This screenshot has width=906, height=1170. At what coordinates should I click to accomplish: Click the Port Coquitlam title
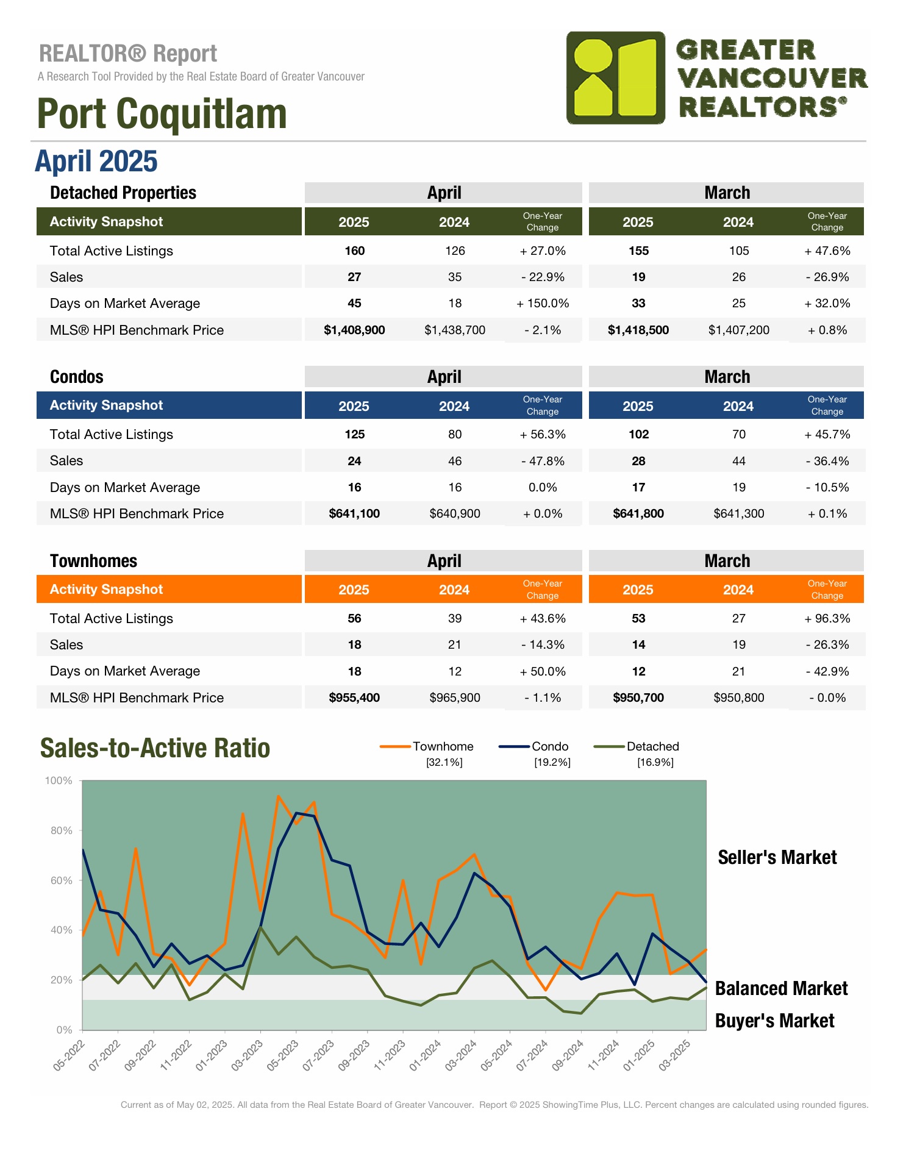coord(162,114)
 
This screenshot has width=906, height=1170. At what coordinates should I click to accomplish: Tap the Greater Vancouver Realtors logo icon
coord(615,78)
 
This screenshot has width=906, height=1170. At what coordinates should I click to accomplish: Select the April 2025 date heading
coord(96,162)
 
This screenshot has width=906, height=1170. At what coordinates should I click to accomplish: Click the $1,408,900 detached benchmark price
coord(354,330)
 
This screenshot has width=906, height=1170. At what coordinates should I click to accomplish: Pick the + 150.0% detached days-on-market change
coord(543,304)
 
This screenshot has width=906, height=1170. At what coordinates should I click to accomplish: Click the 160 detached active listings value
coord(354,251)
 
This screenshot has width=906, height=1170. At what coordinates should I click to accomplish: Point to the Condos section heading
coord(77,377)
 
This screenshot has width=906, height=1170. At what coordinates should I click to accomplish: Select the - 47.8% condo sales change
coord(543,461)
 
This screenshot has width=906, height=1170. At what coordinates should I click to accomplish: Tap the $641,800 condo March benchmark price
coord(638,514)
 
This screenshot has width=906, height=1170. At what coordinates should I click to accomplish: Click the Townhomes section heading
coord(93,561)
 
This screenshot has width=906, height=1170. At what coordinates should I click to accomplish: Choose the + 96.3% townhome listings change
coord(827,618)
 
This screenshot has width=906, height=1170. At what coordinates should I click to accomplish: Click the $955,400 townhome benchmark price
coord(354,697)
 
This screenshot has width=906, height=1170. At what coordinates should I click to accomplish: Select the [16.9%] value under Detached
coord(655,763)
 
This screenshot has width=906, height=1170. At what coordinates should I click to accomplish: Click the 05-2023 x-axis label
coord(284,1055)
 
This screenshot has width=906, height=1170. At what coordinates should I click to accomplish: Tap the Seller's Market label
coord(777,857)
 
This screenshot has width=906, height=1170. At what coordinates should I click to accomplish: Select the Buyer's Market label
coord(774,1021)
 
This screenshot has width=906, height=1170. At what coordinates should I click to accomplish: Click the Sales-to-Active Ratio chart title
coord(155,748)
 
